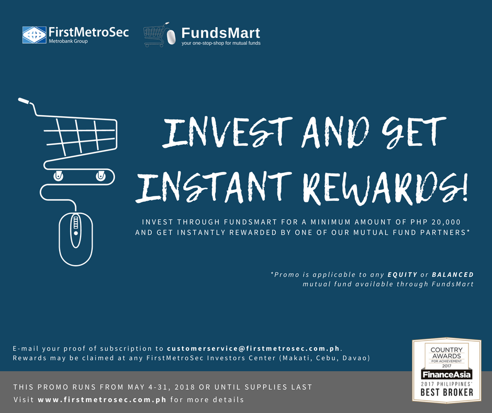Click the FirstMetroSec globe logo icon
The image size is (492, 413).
[x=34, y=35]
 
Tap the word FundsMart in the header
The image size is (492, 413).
[x=220, y=33]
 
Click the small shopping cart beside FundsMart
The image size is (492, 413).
[x=155, y=35]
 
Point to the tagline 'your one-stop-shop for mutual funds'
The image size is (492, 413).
[x=221, y=43]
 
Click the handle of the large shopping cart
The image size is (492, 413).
[x=25, y=101]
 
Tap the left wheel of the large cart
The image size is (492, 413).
[x=58, y=176]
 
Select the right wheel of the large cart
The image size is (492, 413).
[x=100, y=176]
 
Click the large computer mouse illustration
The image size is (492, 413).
[x=76, y=239]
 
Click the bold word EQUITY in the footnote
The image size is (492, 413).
[x=402, y=275]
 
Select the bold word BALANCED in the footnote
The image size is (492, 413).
[x=453, y=275]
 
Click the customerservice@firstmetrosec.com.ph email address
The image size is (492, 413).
[x=253, y=349]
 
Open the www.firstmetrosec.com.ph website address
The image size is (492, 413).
[x=102, y=400]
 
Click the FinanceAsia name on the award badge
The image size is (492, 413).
[x=446, y=374]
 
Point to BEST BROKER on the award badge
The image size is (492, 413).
[x=447, y=392]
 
